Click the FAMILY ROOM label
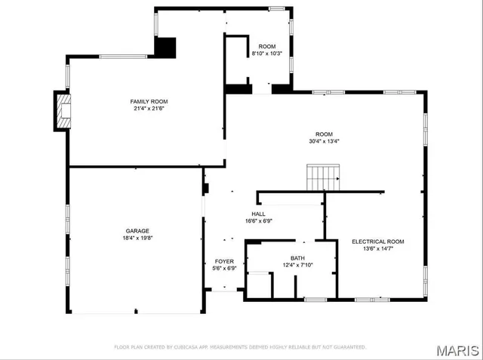click(x=148, y=101)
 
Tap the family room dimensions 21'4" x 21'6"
click(x=148, y=109)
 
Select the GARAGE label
click(x=137, y=231)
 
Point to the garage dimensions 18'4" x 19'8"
click(x=137, y=238)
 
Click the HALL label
click(x=258, y=214)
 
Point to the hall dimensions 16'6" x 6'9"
click(x=258, y=221)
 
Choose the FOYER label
click(x=224, y=260)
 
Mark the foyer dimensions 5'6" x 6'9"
click(x=224, y=268)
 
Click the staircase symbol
click(x=323, y=178)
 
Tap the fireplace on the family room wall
click(x=62, y=110)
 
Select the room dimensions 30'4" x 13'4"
click(x=325, y=141)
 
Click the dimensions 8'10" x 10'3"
click(x=267, y=54)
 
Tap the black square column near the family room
click(x=165, y=46)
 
